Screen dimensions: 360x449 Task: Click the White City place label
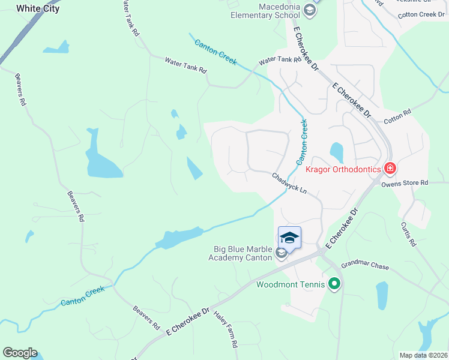click(37, 8)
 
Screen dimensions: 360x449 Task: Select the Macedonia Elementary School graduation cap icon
click(309, 10)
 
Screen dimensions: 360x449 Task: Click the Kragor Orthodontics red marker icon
click(390, 169)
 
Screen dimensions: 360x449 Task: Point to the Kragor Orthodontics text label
click(343, 169)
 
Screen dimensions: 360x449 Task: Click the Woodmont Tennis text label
click(291, 284)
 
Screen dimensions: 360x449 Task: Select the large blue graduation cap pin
click(289, 238)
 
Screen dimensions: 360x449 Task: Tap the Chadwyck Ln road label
click(289, 184)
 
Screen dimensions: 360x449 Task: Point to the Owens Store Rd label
click(405, 182)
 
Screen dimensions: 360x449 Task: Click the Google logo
click(20, 353)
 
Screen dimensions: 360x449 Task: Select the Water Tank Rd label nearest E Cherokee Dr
click(280, 60)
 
